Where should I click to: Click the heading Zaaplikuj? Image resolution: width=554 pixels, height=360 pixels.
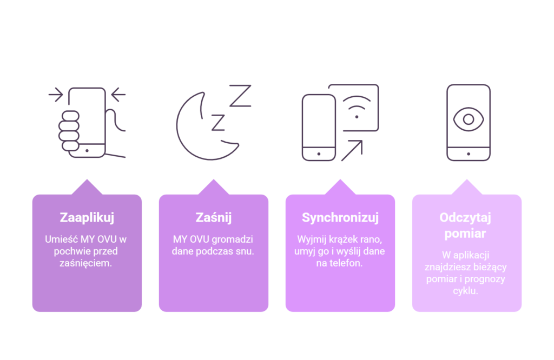[87, 218]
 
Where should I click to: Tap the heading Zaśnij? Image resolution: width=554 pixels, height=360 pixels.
[213, 217]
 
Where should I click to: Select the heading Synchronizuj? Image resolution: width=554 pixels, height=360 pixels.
[340, 218]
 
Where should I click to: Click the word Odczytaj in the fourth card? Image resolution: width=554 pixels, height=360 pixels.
[465, 218]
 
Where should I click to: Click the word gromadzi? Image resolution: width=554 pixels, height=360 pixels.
[233, 239]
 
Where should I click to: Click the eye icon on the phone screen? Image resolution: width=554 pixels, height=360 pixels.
[469, 119]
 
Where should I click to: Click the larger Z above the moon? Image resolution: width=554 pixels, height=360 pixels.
[240, 95]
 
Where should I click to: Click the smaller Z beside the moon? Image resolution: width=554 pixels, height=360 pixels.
[218, 123]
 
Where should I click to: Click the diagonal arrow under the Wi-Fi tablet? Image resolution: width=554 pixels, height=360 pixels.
[352, 151]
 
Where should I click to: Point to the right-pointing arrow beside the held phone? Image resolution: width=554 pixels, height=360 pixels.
[56, 95]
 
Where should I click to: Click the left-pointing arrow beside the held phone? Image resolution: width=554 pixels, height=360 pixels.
[118, 95]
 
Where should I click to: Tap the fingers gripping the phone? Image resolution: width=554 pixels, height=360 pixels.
[69, 131]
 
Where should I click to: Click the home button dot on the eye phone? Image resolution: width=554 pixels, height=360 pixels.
[469, 154]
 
